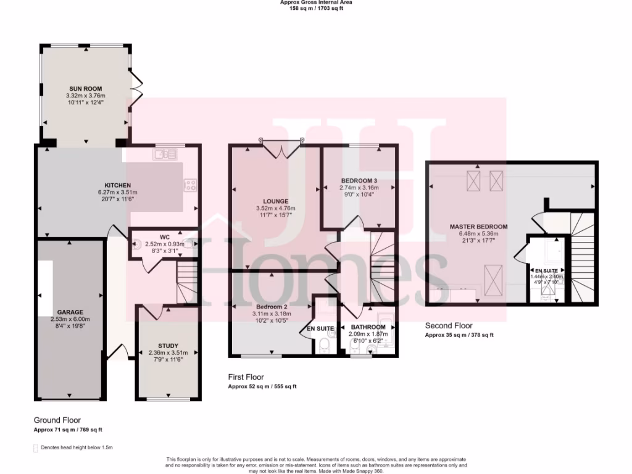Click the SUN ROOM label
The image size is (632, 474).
85,89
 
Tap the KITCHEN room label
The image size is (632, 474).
117,185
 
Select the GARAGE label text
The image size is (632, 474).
70,312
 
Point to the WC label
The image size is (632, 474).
164,237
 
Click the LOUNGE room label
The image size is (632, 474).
275,201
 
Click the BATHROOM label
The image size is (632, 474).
368,327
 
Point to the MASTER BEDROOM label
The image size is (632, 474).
478,227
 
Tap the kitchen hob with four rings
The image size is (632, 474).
190,183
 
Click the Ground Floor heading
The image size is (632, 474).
57,420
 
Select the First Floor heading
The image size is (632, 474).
246,377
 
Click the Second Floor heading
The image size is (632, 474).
449,326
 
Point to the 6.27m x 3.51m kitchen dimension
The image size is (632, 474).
117,193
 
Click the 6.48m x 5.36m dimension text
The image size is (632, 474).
478,235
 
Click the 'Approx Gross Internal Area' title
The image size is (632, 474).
316,2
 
